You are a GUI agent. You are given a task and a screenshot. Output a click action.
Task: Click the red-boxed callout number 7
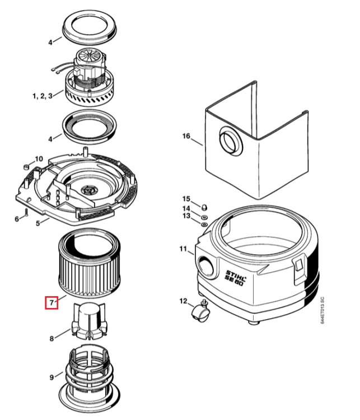click(52, 302)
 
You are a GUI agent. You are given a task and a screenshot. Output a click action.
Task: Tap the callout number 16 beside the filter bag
click(186, 136)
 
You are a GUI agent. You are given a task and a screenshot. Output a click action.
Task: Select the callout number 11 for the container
click(183, 249)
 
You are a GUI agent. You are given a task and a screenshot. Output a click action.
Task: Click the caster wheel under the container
click(200, 312)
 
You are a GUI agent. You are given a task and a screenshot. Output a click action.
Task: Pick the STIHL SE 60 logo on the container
click(236, 278)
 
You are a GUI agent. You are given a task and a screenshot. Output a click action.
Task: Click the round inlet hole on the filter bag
click(231, 141)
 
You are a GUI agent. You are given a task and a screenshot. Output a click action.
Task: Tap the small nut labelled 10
click(26, 167)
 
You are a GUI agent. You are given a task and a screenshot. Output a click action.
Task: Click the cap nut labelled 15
click(204, 207)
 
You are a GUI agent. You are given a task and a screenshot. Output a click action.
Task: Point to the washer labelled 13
click(204, 223)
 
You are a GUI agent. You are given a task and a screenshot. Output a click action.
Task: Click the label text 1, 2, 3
click(43, 96)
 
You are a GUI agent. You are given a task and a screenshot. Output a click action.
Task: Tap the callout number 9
click(52, 377)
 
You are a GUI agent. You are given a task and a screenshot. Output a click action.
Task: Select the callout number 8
click(52, 339)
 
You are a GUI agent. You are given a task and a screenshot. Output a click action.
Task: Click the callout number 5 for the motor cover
click(38, 223)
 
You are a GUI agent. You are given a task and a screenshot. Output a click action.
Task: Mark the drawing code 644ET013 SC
click(322, 310)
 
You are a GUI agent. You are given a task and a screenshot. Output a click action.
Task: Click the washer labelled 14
click(204, 216)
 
